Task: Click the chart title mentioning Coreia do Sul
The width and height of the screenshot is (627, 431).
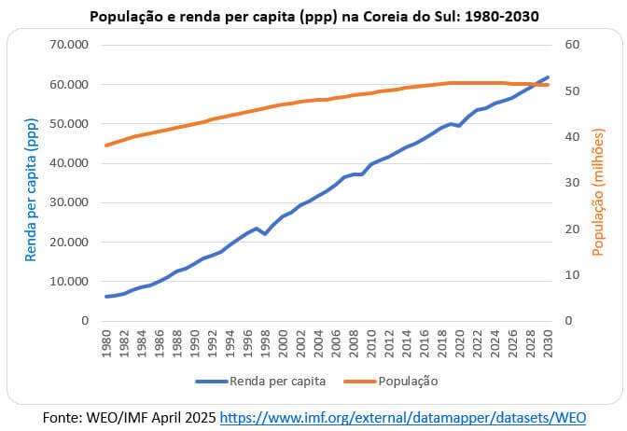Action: point(314,16)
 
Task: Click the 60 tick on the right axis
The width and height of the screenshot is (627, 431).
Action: point(573,45)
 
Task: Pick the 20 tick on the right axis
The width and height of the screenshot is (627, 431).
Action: point(573,229)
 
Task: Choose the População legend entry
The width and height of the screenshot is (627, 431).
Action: point(408,381)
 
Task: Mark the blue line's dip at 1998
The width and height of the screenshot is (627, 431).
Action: point(265,233)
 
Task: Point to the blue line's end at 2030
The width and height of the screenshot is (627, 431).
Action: point(548,77)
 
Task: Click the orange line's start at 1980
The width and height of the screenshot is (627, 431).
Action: point(107,145)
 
